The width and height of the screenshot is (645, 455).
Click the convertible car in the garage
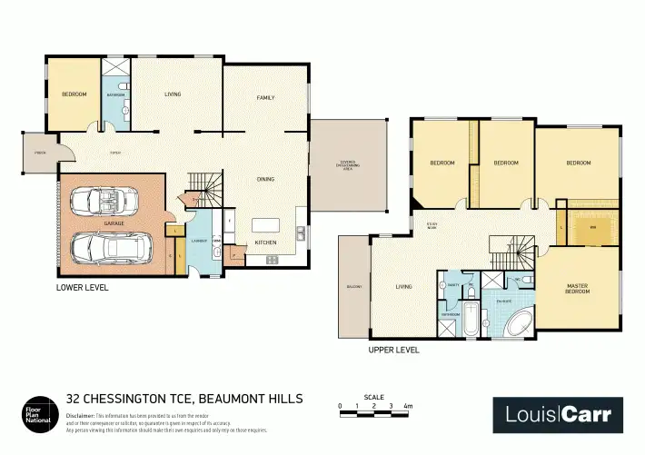click(x=105, y=198)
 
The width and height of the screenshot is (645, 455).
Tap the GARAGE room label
click(x=114, y=222)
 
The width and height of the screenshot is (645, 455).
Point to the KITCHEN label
click(x=265, y=242)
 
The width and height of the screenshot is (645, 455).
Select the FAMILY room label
click(x=265, y=97)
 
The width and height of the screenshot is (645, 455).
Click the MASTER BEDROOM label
click(x=578, y=289)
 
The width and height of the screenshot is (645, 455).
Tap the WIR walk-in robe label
click(x=592, y=226)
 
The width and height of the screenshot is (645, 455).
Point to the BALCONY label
click(x=353, y=287)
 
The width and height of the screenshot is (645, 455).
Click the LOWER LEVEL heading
click(x=83, y=287)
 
